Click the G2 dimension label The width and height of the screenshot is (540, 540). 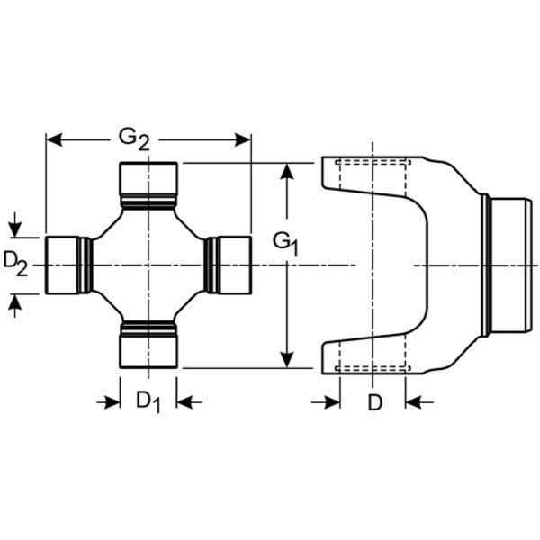[134, 138]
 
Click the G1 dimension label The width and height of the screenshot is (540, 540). [286, 243]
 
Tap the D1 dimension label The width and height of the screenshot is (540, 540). [148, 401]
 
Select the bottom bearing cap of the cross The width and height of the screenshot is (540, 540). [148, 346]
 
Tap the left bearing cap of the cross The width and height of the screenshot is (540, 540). [64, 265]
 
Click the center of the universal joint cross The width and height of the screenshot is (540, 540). [148, 265]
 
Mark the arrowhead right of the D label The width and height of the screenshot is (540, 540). [413, 401]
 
